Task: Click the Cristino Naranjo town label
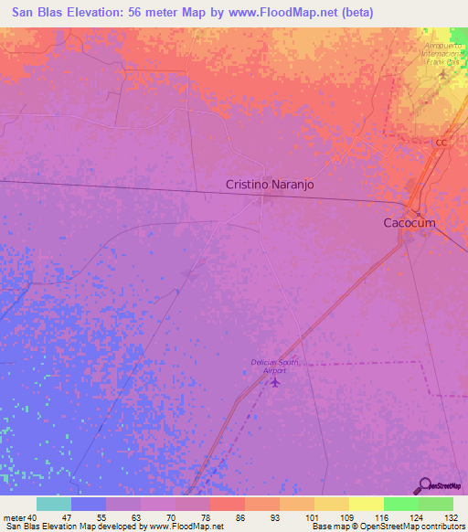coord(270,184)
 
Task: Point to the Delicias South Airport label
coord(275,366)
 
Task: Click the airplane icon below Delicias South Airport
coord(275,382)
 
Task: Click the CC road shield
coord(442,143)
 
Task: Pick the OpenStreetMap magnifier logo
coord(424,485)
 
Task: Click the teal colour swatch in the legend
coord(53,504)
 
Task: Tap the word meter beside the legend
coord(14,517)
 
